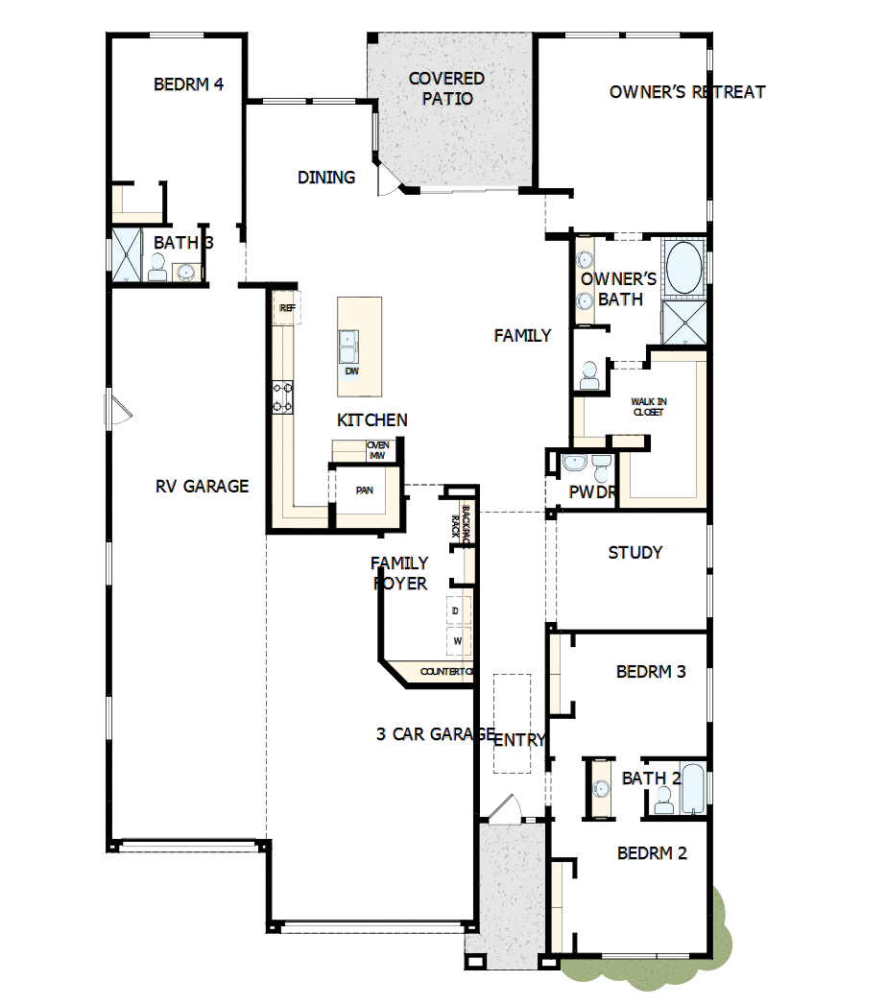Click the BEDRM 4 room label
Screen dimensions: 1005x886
(189, 84)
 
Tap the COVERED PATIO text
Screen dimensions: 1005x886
(446, 88)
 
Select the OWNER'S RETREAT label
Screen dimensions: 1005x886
(686, 92)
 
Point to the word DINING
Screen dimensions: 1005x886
(326, 178)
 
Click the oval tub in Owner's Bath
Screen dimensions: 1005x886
(683, 268)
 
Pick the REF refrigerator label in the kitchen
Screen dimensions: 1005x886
(286, 308)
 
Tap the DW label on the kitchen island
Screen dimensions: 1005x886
(351, 371)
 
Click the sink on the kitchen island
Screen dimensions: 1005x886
(350, 343)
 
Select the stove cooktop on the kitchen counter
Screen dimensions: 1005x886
(283, 396)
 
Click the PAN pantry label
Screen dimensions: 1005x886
(364, 491)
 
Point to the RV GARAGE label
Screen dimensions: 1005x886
(202, 486)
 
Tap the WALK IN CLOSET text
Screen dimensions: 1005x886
(648, 407)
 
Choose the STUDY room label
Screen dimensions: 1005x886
(635, 553)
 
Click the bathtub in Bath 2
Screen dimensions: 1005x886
(692, 789)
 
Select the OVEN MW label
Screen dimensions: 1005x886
(376, 450)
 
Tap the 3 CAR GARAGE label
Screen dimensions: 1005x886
(435, 734)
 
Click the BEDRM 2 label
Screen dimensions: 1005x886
(652, 853)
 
